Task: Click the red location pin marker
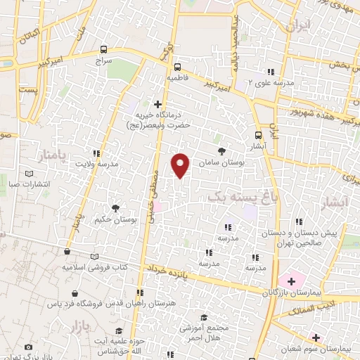tap(181, 165)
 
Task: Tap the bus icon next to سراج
tap(104, 49)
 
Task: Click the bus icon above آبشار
tap(257, 136)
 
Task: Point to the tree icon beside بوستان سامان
tap(222, 150)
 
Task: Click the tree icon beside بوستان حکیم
tap(115, 207)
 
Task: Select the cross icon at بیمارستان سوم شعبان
tap(316, 337)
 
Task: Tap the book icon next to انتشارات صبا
tap(28, 174)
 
